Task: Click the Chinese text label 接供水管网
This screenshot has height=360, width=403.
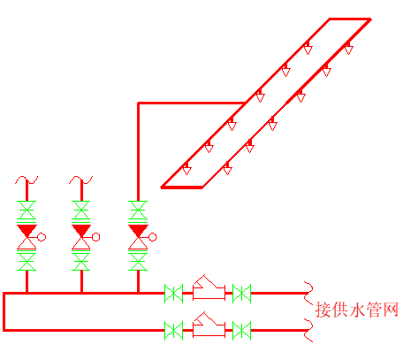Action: (357, 310)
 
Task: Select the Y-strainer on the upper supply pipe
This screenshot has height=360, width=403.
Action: (209, 288)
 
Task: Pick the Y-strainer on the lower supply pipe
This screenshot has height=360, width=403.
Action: (209, 326)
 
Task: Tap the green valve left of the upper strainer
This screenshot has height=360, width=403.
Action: (173, 294)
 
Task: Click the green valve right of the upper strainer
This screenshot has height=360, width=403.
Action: (241, 294)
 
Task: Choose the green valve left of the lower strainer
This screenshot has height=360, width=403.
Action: (173, 331)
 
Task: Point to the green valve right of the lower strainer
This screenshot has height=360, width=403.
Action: (241, 331)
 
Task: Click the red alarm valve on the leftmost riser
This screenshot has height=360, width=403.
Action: (27, 237)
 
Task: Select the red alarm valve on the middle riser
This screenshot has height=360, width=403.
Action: (81, 237)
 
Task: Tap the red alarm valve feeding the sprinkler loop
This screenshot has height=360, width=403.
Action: (138, 237)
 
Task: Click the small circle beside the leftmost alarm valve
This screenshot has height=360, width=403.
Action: (42, 237)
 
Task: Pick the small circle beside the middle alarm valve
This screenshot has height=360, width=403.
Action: (96, 237)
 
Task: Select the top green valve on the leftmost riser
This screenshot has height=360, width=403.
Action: (27, 211)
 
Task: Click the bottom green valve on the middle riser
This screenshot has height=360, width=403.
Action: (81, 261)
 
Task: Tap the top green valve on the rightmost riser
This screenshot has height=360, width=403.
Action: (138, 211)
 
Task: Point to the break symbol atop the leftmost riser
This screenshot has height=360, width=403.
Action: (27, 179)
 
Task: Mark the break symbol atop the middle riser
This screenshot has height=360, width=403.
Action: (81, 179)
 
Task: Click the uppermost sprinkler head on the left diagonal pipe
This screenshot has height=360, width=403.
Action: (308, 48)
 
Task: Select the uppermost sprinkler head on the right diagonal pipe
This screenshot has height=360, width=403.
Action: (348, 48)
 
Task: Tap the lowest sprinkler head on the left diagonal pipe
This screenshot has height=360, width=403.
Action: (186, 168)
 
